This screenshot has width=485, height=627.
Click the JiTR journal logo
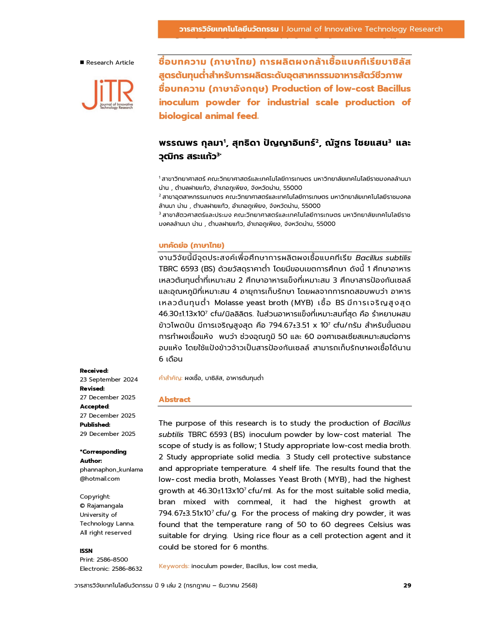tap(108, 95)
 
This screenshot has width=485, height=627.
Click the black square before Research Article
tap(82, 62)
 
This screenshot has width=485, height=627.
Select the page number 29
tap(407, 585)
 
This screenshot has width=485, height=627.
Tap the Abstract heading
tap(175, 399)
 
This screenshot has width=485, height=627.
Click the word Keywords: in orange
tap(174, 566)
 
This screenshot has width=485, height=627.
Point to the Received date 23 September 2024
tap(109, 379)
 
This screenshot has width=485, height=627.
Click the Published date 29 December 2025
tap(108, 434)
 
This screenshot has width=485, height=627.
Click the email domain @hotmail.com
tap(100, 478)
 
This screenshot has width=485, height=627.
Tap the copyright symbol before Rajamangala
tap(83, 506)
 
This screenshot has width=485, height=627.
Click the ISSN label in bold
tap(86, 551)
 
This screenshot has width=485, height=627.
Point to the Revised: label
tap(92, 388)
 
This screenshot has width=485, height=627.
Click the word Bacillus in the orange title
tap(394, 89)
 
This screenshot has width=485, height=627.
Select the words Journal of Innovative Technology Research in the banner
tap(364, 29)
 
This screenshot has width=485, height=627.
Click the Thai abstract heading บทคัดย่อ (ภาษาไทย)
tap(191, 245)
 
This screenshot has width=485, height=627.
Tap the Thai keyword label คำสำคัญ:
tap(170, 378)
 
